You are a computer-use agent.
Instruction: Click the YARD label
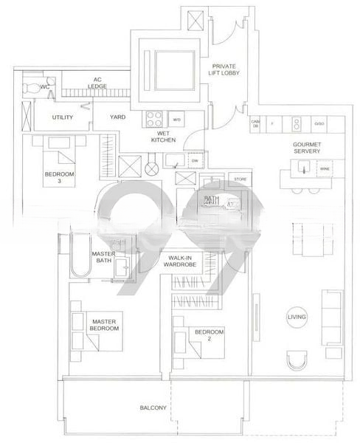click(x=117, y=117)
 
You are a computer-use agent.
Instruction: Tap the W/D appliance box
click(x=177, y=119)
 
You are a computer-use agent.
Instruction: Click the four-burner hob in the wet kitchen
click(x=155, y=117)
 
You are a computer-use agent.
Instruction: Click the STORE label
click(x=240, y=179)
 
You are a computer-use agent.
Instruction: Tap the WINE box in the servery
click(x=324, y=169)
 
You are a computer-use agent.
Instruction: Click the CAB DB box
click(x=255, y=123)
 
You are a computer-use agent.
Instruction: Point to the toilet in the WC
click(x=30, y=88)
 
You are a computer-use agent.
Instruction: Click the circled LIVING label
click(x=297, y=317)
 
